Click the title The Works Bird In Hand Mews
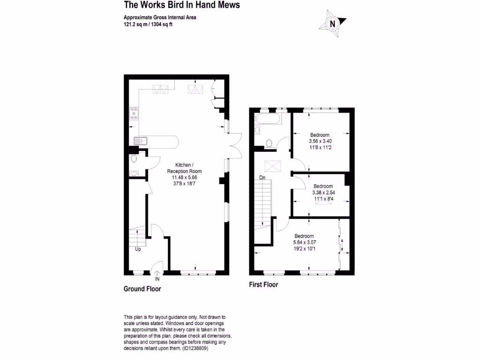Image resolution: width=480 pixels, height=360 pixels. tap(182, 5)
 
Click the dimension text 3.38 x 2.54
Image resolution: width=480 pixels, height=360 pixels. tap(323, 192)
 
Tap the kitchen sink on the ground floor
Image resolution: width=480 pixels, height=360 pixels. tap(140, 140)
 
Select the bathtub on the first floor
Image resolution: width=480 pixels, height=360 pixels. tap(268, 119)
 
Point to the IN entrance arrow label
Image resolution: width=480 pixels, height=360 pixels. tap(157, 279)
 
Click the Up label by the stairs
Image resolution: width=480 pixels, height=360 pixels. tap(138, 249)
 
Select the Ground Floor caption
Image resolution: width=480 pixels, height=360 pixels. tap(142, 289)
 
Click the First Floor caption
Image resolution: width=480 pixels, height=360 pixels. tap(263, 285)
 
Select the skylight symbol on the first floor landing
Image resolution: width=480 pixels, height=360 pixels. tap(271, 166)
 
